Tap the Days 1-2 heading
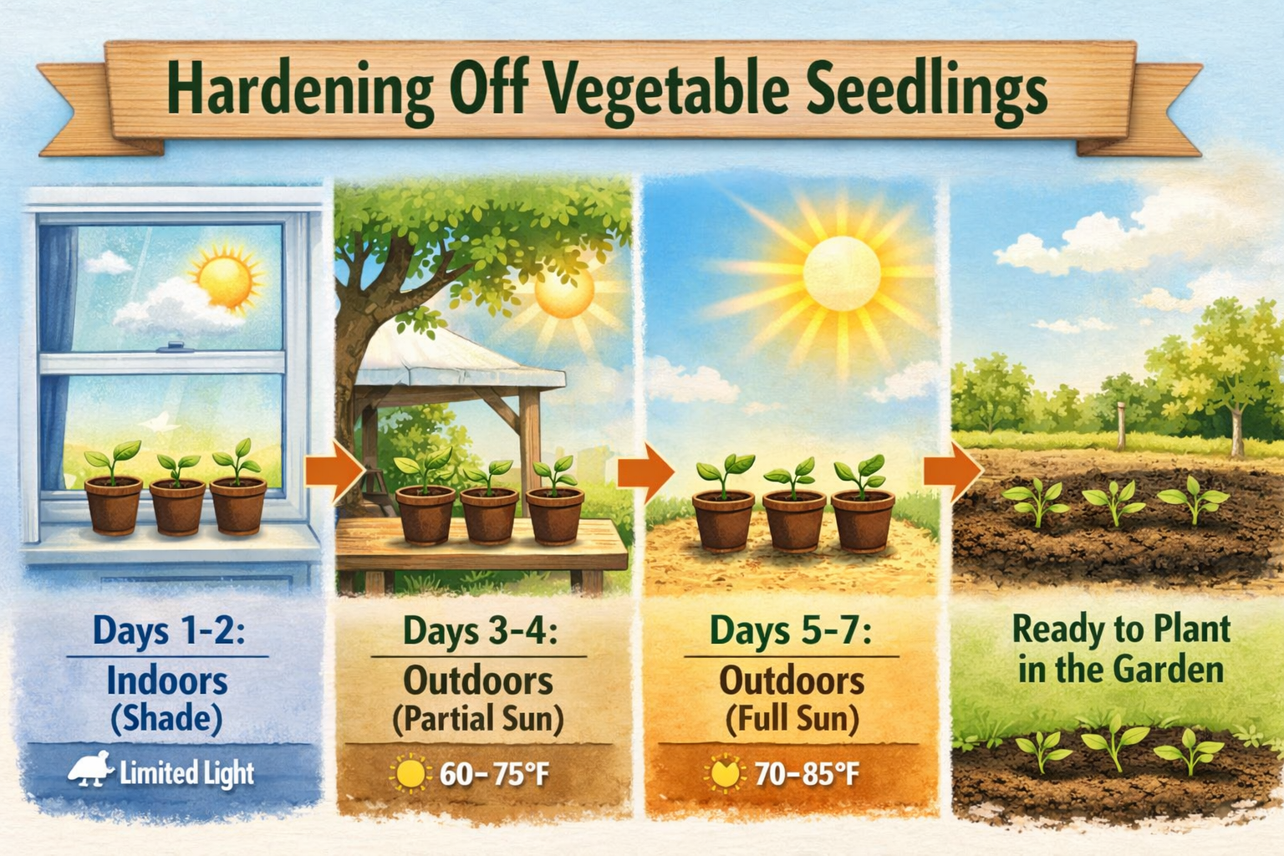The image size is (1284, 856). click(x=168, y=630)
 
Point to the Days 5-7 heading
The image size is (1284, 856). click(x=790, y=630)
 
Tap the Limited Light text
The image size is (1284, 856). click(x=186, y=773)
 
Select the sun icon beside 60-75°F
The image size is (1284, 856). click(x=410, y=774)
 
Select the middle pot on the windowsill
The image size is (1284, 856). click(x=177, y=505)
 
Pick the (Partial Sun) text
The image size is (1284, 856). click(x=478, y=720)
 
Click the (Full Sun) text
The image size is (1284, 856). click(x=791, y=720)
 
